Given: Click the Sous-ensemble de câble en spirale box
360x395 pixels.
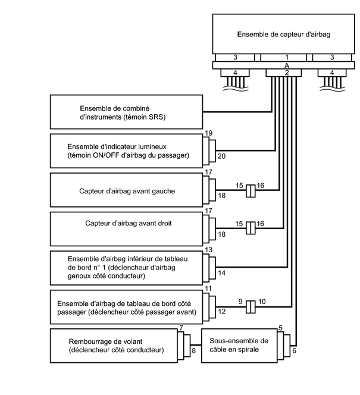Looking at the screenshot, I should point(239,345).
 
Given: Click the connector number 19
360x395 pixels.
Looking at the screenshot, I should point(208,134).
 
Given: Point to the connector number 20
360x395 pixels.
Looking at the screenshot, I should point(222,156).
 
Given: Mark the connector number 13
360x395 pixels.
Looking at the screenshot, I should point(208,250).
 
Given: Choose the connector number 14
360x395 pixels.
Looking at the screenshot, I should point(222,272).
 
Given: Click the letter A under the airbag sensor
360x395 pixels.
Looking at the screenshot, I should point(287,64).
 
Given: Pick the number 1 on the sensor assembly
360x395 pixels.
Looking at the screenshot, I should point(286,57).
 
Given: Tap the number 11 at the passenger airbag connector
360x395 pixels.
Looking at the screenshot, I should point(208,289).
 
